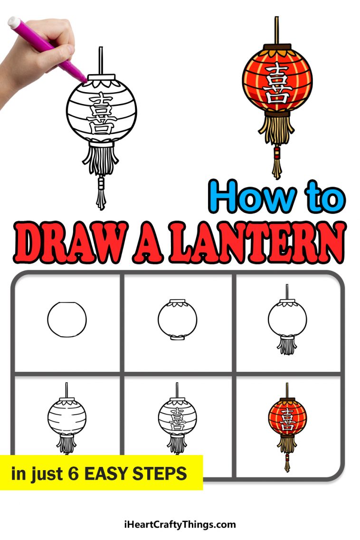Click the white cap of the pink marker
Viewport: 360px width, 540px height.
(x=14, y=22)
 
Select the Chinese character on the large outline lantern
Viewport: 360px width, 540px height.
(x=101, y=114)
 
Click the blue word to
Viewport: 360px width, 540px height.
(x=324, y=199)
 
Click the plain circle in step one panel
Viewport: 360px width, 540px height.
(x=67, y=319)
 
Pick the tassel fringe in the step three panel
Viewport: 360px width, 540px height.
(x=286, y=346)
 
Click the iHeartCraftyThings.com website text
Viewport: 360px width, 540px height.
(x=179, y=525)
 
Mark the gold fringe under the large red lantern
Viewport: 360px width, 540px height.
(x=276, y=131)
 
